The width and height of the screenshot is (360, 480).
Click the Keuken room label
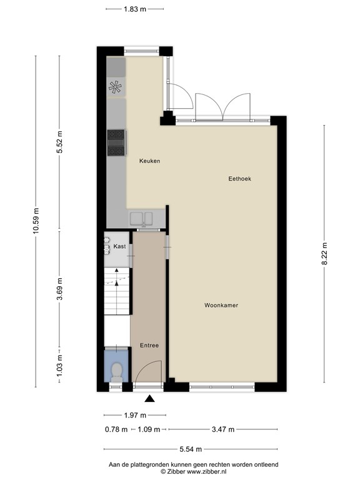coord(149,161)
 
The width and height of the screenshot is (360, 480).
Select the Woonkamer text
coord(221,306)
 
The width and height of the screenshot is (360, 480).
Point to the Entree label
coord(149,346)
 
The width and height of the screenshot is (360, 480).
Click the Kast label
coord(119,247)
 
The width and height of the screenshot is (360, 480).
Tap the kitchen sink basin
coord(142,219)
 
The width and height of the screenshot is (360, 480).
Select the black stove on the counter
coord(116,141)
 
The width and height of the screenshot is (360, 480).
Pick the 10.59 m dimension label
coord(37,220)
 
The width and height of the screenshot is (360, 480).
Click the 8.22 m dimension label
coord(324,254)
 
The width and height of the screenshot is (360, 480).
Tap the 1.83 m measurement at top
coord(135,9)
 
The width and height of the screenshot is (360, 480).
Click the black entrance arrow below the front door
coord(149,398)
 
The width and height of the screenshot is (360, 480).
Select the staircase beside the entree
coord(116,290)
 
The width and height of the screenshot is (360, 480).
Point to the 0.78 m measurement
coord(116,429)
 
